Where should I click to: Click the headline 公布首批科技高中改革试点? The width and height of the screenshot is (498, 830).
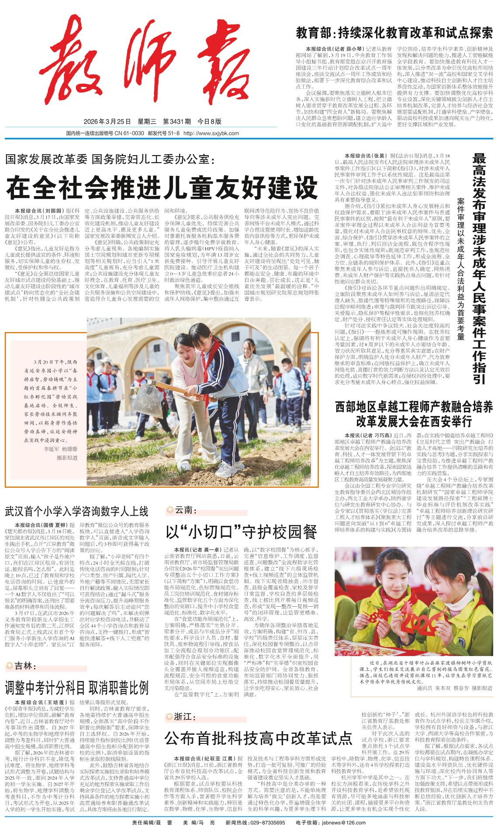pos(258,738)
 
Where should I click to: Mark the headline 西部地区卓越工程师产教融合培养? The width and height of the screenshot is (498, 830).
pos(414,407)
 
